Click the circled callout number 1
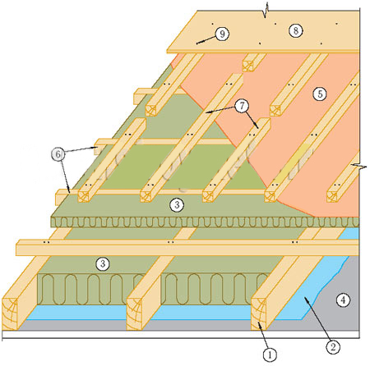point(270,355)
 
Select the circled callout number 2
point(333,347)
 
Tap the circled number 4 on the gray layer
point(343,300)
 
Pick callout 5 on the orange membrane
point(320,94)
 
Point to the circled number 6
point(58,154)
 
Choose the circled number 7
point(242,106)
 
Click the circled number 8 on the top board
point(296,30)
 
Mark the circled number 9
point(222,34)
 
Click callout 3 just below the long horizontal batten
point(103,263)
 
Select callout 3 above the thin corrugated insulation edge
point(177,204)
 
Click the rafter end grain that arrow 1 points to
point(259,313)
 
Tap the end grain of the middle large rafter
point(134,313)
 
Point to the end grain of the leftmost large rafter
point(10,313)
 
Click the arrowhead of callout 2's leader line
point(306,300)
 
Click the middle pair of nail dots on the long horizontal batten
point(171,242)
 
